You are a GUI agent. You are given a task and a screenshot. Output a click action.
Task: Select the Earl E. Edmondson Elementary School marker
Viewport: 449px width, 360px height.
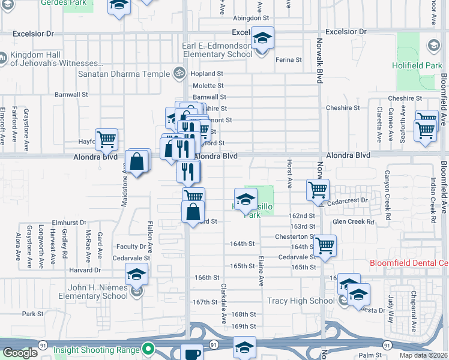[262, 38]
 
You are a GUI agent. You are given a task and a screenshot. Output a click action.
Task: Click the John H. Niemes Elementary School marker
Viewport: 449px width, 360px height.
[137, 275]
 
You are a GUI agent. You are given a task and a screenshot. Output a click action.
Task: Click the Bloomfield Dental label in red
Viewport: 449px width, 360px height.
[408, 263]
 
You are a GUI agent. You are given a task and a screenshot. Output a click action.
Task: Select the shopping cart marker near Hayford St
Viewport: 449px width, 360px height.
[106, 140]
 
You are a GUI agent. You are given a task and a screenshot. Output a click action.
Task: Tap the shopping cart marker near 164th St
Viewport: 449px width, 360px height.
[325, 245]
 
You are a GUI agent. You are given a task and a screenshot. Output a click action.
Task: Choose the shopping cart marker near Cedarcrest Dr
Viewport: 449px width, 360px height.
[318, 190]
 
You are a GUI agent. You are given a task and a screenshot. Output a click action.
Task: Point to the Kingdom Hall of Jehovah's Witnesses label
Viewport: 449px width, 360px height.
[54, 59]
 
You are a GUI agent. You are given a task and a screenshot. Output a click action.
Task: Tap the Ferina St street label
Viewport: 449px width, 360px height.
[288, 60]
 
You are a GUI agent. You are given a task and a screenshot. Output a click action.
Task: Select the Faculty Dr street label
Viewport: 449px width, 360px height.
[131, 246]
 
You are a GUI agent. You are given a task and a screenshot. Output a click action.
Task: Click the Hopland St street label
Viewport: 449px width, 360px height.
[208, 73]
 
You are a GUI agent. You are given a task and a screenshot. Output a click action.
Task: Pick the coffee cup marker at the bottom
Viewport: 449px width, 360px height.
[192, 354]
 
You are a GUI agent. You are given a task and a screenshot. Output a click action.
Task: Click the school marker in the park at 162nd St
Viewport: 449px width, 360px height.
[246, 200]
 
